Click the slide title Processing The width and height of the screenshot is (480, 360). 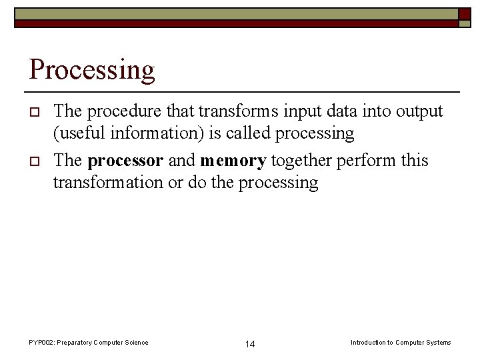pos(92,70)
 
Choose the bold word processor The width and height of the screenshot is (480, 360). pos(125,161)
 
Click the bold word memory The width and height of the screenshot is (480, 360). pos(233,161)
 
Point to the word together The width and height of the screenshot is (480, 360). pos(301,161)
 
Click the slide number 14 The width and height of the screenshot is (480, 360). pos(250,344)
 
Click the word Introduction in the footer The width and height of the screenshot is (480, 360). pos(368,343)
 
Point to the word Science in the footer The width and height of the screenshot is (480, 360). pos(135,343)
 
